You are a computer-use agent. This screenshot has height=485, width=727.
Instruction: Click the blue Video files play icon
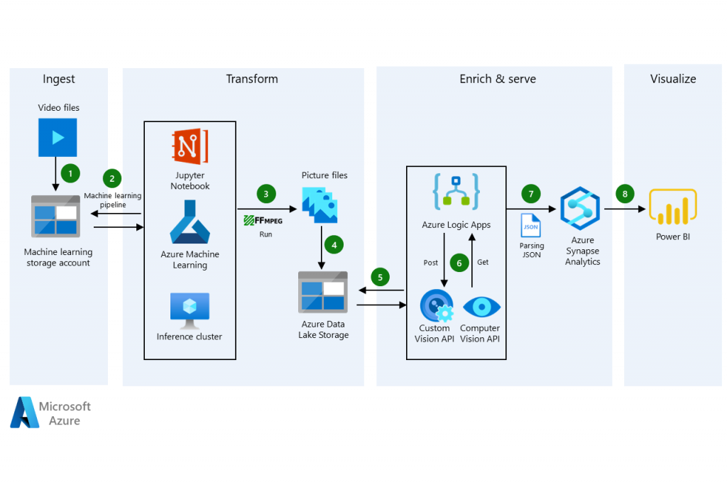tap(58, 137)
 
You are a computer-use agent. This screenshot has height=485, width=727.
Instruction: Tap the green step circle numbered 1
tap(69, 172)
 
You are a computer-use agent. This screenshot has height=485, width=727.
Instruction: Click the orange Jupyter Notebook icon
tap(190, 147)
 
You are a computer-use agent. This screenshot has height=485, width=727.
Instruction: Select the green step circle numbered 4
tap(334, 244)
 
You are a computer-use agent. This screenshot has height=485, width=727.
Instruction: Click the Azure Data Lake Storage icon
tap(323, 290)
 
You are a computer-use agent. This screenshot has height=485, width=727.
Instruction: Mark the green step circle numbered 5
tap(381, 277)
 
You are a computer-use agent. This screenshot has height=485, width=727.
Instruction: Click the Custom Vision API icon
tap(436, 306)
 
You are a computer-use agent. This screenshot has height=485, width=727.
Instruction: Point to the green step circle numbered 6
tap(459, 263)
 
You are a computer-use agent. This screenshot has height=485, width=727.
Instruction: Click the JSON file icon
tap(530, 225)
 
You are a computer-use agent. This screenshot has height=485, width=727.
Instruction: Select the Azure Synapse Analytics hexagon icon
tap(580, 209)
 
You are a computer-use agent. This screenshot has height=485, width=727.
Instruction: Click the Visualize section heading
tap(673, 79)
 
